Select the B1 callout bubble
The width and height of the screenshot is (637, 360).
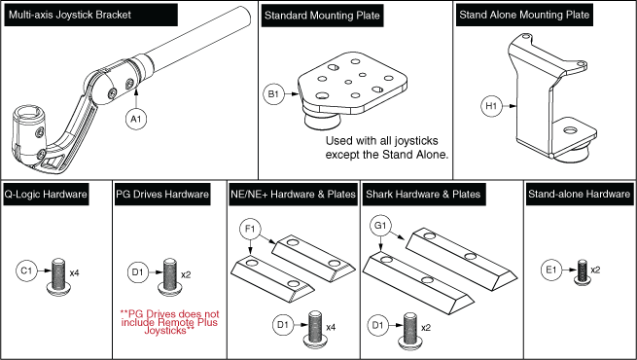[273, 94]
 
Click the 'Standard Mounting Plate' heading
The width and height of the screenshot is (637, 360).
[315, 15]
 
